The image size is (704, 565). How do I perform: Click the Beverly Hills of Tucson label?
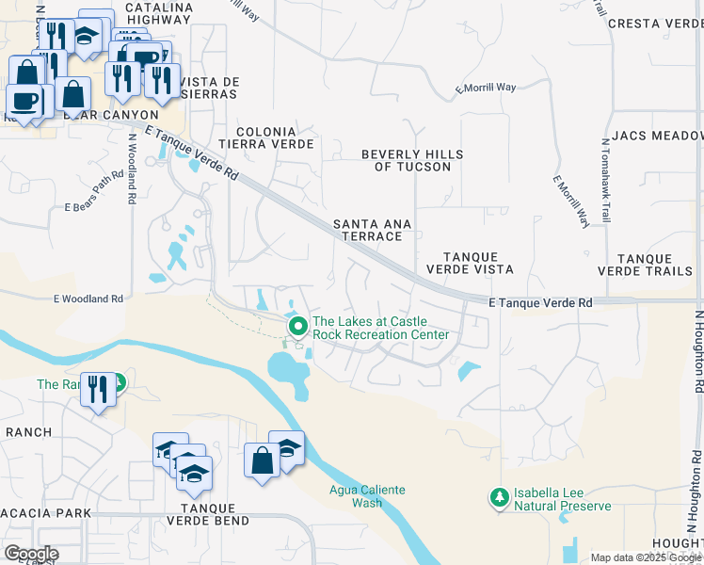click(x=406, y=160)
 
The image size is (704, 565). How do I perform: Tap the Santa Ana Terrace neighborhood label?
click(x=368, y=231)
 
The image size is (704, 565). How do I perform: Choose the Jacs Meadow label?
click(x=657, y=137)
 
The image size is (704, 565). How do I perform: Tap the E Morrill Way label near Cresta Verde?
click(x=486, y=88)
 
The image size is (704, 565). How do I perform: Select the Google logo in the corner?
click(x=31, y=554)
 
